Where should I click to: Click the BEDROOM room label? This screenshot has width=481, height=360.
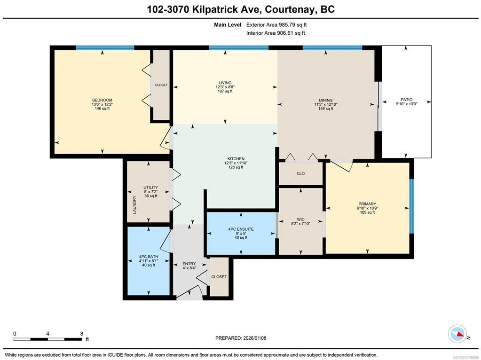tap(102, 100)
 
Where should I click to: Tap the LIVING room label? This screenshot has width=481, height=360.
tap(225, 83)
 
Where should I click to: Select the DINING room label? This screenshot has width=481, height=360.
tap(325, 100)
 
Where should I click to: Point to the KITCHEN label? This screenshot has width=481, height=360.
tap(236, 159)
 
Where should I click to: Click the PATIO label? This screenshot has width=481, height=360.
tap(406, 99)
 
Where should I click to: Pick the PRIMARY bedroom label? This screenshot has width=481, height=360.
tap(367, 204)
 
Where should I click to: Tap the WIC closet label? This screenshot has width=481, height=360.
tap(300, 219)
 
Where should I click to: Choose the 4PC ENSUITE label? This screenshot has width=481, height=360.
tap(241, 229)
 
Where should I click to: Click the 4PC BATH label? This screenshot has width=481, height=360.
tap(149, 257)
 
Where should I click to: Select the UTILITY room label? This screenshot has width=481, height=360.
tap(150, 188)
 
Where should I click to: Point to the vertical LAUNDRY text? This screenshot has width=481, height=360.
tap(134, 205)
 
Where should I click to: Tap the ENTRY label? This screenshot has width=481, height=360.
tap(189, 264)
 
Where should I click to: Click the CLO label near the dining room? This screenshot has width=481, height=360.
tap(300, 173)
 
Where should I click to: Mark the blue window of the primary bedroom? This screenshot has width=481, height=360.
tap(412, 206)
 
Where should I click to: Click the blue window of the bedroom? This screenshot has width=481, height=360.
tap(105, 47)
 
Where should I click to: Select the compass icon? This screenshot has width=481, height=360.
tap(457, 334)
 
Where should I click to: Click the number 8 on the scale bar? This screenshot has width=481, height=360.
tap(82, 334)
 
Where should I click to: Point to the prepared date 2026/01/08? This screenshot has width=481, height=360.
tap(254, 338)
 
